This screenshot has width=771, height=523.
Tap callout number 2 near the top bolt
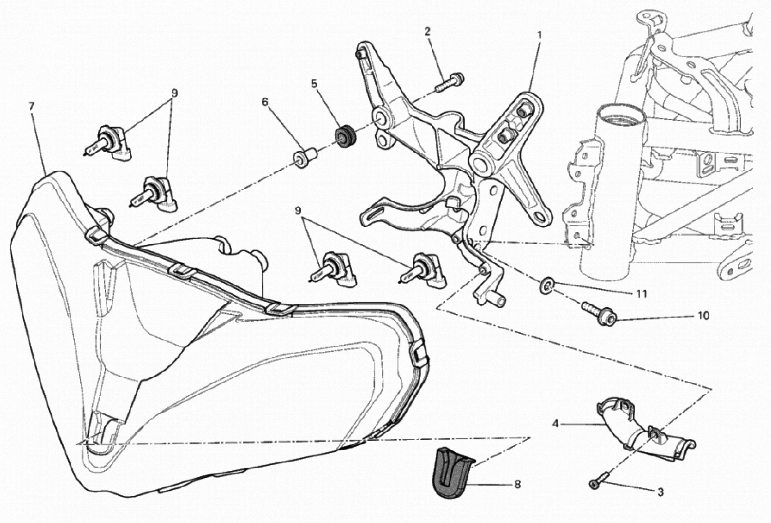coord(427,32)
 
